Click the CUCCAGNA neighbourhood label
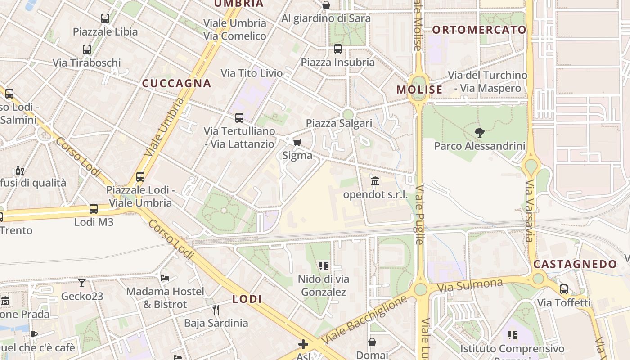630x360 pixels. pyautogui.click(x=176, y=83)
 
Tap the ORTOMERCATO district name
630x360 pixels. pyautogui.click(x=479, y=30)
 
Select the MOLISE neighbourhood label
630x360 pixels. pyautogui.click(x=419, y=90)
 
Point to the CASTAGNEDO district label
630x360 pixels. pyautogui.click(x=575, y=264)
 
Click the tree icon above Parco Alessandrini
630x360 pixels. pyautogui.click(x=480, y=132)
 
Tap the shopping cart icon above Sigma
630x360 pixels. pyautogui.click(x=297, y=143)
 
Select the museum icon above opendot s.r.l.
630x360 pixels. pyautogui.click(x=375, y=181)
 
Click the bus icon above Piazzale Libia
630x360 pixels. pyautogui.click(x=105, y=18)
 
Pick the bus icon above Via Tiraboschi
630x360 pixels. pyautogui.click(x=87, y=49)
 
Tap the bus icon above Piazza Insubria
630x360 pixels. pyautogui.click(x=338, y=49)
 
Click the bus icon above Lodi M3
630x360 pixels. pyautogui.click(x=94, y=209)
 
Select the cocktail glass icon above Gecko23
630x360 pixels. pyautogui.click(x=82, y=283)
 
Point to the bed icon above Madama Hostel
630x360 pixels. pyautogui.click(x=165, y=278)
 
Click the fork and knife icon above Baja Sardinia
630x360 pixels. pyautogui.click(x=216, y=309)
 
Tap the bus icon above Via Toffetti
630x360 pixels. pyautogui.click(x=564, y=289)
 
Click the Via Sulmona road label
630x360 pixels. pyautogui.click(x=470, y=285)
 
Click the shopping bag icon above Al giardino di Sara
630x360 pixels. pyautogui.click(x=326, y=5)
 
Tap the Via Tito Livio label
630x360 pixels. pyautogui.click(x=252, y=73)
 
